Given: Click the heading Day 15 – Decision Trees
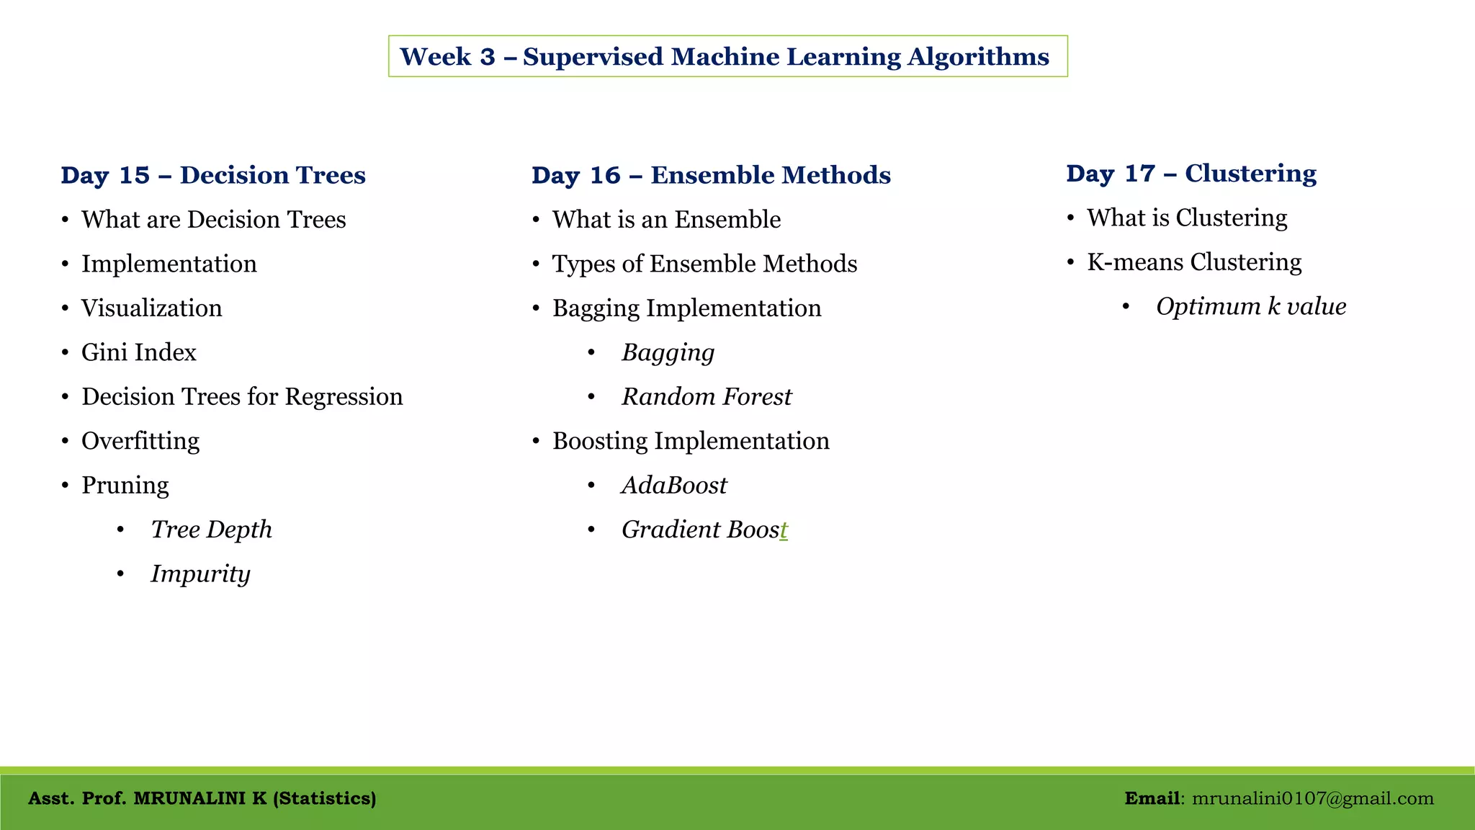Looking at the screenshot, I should click(x=213, y=175).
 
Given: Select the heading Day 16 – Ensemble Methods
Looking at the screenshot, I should click(x=711, y=175).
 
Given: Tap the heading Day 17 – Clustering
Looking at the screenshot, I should click(x=1191, y=173).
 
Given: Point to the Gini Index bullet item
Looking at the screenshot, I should click(x=138, y=352).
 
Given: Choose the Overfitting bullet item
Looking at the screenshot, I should click(x=140, y=441).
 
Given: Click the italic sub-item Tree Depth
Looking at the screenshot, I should click(x=211, y=530).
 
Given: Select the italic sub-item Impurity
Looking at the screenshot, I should click(x=200, y=574).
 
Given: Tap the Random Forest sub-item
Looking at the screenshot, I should click(x=706, y=397).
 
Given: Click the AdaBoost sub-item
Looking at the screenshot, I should click(x=674, y=486).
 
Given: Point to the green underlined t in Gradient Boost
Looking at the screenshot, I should click(x=784, y=530).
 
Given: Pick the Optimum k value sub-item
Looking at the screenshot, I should click(x=1250, y=307).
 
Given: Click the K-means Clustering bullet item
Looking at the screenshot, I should click(x=1193, y=262).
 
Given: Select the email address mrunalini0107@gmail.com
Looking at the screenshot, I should click(x=1312, y=798).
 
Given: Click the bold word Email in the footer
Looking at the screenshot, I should click(x=1152, y=798).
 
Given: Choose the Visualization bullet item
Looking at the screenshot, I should click(x=151, y=308).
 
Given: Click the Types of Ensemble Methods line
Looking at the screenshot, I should click(x=704, y=264).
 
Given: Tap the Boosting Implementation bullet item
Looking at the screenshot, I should click(x=690, y=441).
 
